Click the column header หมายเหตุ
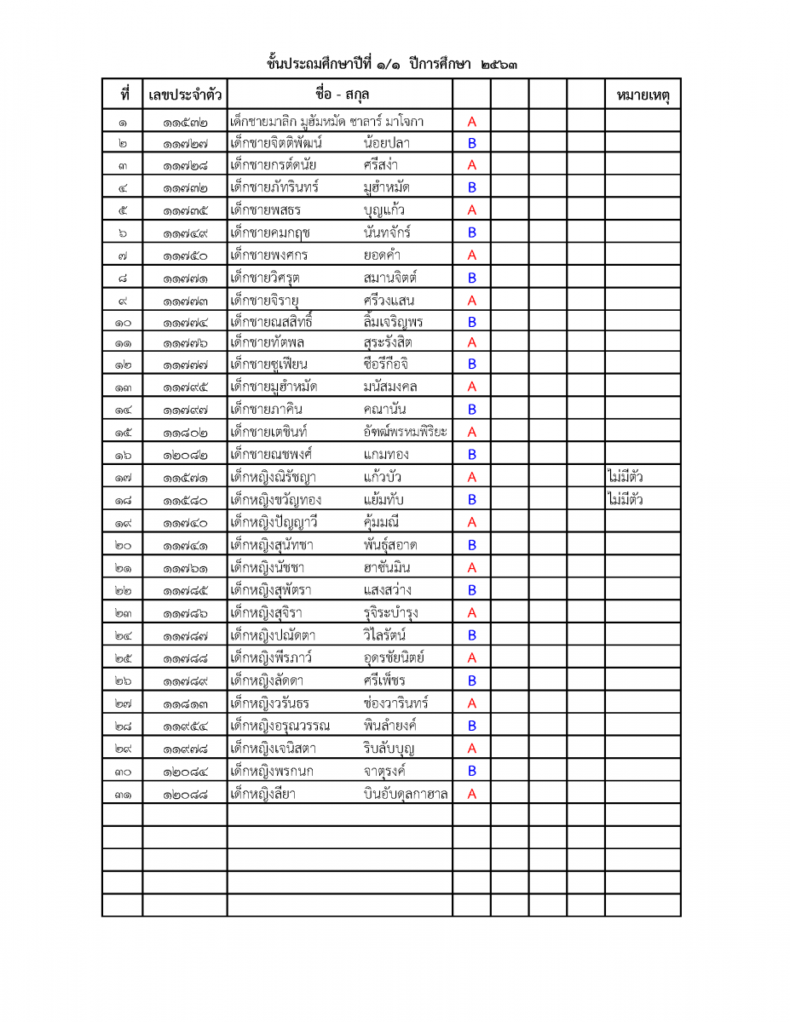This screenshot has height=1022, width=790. [x=643, y=95]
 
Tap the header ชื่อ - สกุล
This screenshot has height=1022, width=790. [x=341, y=94]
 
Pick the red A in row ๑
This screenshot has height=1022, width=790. [x=471, y=122]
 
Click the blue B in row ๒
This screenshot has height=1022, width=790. [x=471, y=144]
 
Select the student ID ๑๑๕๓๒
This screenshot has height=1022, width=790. [x=185, y=122]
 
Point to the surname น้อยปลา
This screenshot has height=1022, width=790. [x=386, y=143]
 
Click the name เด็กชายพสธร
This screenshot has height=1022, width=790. [x=266, y=210]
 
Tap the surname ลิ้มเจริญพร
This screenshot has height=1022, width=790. [x=392, y=321]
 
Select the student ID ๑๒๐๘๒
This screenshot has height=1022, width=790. [x=185, y=455]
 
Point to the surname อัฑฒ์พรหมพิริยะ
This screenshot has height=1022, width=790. [x=405, y=431]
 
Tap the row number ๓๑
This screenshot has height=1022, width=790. [x=122, y=794]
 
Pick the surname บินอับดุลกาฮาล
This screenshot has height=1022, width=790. [x=406, y=794]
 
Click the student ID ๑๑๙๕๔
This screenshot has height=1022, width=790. [x=185, y=726]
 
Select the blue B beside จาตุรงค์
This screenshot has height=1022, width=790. [x=471, y=771]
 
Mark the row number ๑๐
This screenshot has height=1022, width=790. [x=122, y=322]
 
